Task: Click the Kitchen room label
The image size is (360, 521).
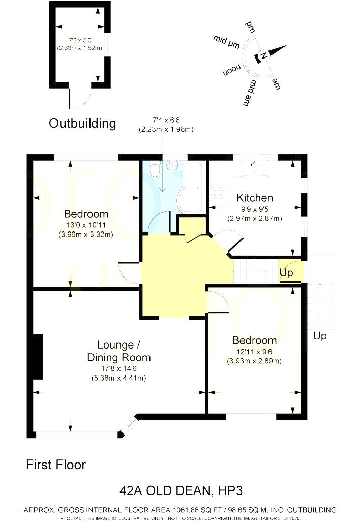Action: tap(255, 198)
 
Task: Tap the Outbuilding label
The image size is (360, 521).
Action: tap(82, 123)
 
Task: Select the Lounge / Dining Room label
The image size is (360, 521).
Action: tap(118, 351)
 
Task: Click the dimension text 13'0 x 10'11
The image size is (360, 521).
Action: tap(85, 224)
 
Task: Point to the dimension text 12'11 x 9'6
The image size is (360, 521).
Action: tap(254, 351)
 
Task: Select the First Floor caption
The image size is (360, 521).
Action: tap(56, 465)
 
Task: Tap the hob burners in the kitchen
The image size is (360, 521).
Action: tap(218, 192)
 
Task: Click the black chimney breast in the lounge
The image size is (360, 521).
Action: tap(38, 357)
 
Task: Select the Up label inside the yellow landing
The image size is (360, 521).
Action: tap(286, 273)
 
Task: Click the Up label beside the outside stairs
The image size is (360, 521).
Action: tap(320, 336)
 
